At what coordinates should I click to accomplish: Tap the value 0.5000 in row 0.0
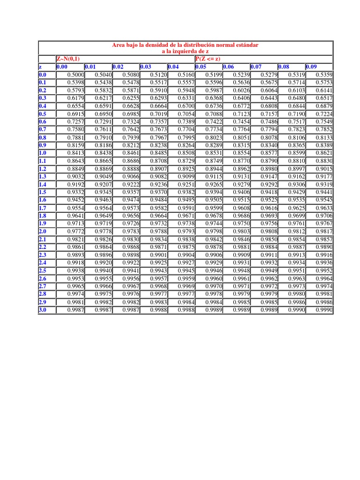click(75, 74)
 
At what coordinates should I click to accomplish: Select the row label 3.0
click(43, 310)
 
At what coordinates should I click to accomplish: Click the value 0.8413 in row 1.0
click(75, 152)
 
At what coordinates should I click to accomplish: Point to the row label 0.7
click(43, 129)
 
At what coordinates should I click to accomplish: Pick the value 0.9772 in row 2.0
click(75, 232)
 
